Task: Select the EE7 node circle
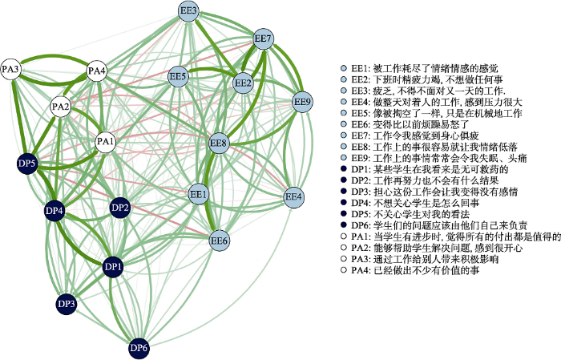tap(264, 38)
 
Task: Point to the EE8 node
tap(219, 144)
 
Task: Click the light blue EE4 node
tap(294, 196)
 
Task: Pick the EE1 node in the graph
tap(198, 195)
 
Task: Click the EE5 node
tap(178, 77)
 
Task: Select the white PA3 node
tap(11, 70)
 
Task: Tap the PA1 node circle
tap(106, 142)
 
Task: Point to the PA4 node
tap(97, 71)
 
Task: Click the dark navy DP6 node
tap(139, 347)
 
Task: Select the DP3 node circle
tap(67, 304)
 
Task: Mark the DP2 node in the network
tap(119, 208)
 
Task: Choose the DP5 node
tap(27, 164)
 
